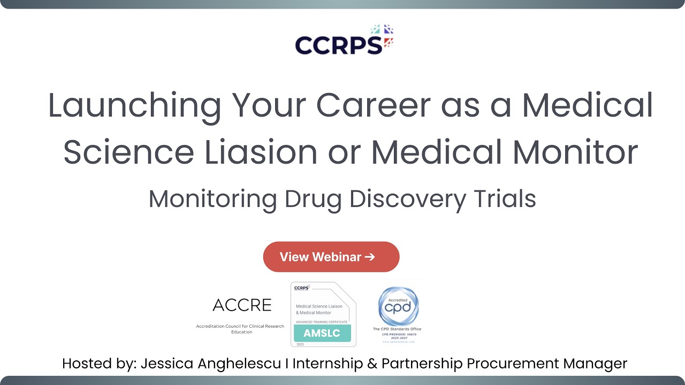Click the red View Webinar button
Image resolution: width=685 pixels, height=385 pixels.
pos(331,257)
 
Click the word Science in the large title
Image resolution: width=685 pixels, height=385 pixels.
pos(128,151)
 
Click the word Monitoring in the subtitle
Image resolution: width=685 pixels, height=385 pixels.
pos(212,199)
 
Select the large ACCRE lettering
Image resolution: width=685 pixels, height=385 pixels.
pos(242,305)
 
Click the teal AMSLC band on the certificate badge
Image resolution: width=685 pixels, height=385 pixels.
pos(322,333)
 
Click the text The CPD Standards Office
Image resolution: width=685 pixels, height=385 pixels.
pos(397,329)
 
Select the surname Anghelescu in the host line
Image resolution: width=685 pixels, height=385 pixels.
pos(240,364)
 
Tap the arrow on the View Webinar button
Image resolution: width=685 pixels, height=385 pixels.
pos(369,257)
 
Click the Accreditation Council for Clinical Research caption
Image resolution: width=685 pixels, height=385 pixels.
pos(240,326)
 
